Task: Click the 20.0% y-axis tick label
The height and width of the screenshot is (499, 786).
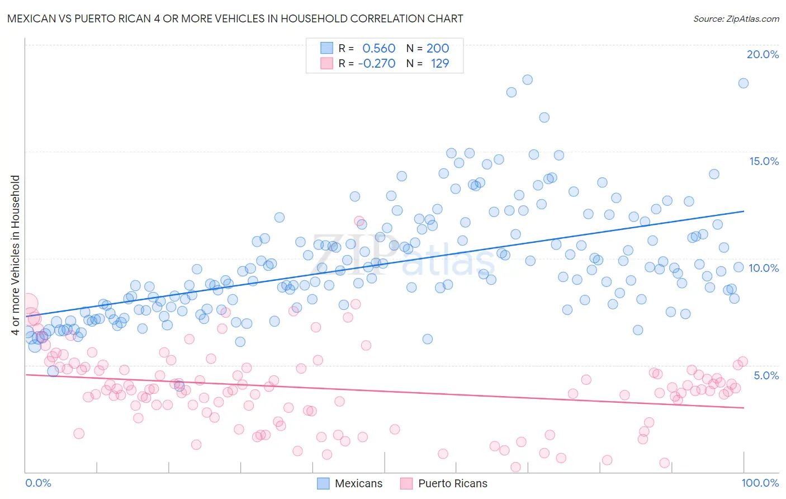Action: pyautogui.click(x=763, y=54)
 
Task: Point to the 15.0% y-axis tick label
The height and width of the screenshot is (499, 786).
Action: pyautogui.click(x=764, y=161)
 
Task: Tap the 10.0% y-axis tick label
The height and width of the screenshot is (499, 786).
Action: pyautogui.click(x=764, y=268)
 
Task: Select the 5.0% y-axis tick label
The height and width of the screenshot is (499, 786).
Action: pyautogui.click(x=766, y=375)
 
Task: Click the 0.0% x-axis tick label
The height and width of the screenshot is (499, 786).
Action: pyautogui.click(x=38, y=483)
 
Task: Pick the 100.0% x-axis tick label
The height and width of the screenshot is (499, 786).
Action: pyautogui.click(x=760, y=483)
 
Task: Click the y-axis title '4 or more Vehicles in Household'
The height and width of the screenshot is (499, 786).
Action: pyautogui.click(x=15, y=255)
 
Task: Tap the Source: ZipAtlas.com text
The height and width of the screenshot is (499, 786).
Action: pyautogui.click(x=736, y=18)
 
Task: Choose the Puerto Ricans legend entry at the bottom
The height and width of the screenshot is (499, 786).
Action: pyautogui.click(x=444, y=483)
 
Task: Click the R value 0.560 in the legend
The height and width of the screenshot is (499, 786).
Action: pyautogui.click(x=378, y=48)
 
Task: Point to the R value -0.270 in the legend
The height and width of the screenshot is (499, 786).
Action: pyautogui.click(x=376, y=64)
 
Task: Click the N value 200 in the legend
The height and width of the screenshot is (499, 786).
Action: pyautogui.click(x=438, y=48)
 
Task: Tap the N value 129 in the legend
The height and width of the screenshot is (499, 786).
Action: pyautogui.click(x=439, y=64)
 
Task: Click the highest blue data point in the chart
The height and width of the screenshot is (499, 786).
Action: pyautogui.click(x=527, y=79)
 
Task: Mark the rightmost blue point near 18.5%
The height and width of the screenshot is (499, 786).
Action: pyautogui.click(x=743, y=83)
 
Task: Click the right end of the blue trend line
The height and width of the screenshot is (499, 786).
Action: pyautogui.click(x=744, y=211)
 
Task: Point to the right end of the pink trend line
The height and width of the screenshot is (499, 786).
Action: pyautogui.click(x=744, y=408)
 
